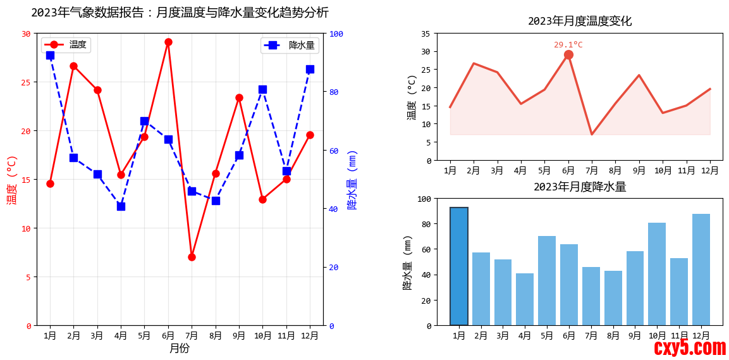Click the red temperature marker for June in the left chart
click(x=168, y=42)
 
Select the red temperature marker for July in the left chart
click(x=192, y=257)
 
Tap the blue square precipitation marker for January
click(x=50, y=55)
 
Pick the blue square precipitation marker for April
click(x=121, y=206)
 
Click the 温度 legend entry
click(x=66, y=45)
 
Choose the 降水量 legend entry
click(x=290, y=45)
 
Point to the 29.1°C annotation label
click(x=568, y=45)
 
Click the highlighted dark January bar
click(x=459, y=266)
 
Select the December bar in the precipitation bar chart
click(x=701, y=270)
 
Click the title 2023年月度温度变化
click(x=580, y=21)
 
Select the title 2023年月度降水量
click(x=580, y=187)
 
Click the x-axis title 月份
click(x=180, y=348)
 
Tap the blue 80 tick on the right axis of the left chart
click(x=334, y=92)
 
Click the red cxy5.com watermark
click(x=690, y=347)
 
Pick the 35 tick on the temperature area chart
click(x=426, y=34)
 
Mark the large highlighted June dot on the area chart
click(x=568, y=55)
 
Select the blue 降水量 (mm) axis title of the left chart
click(x=352, y=180)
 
